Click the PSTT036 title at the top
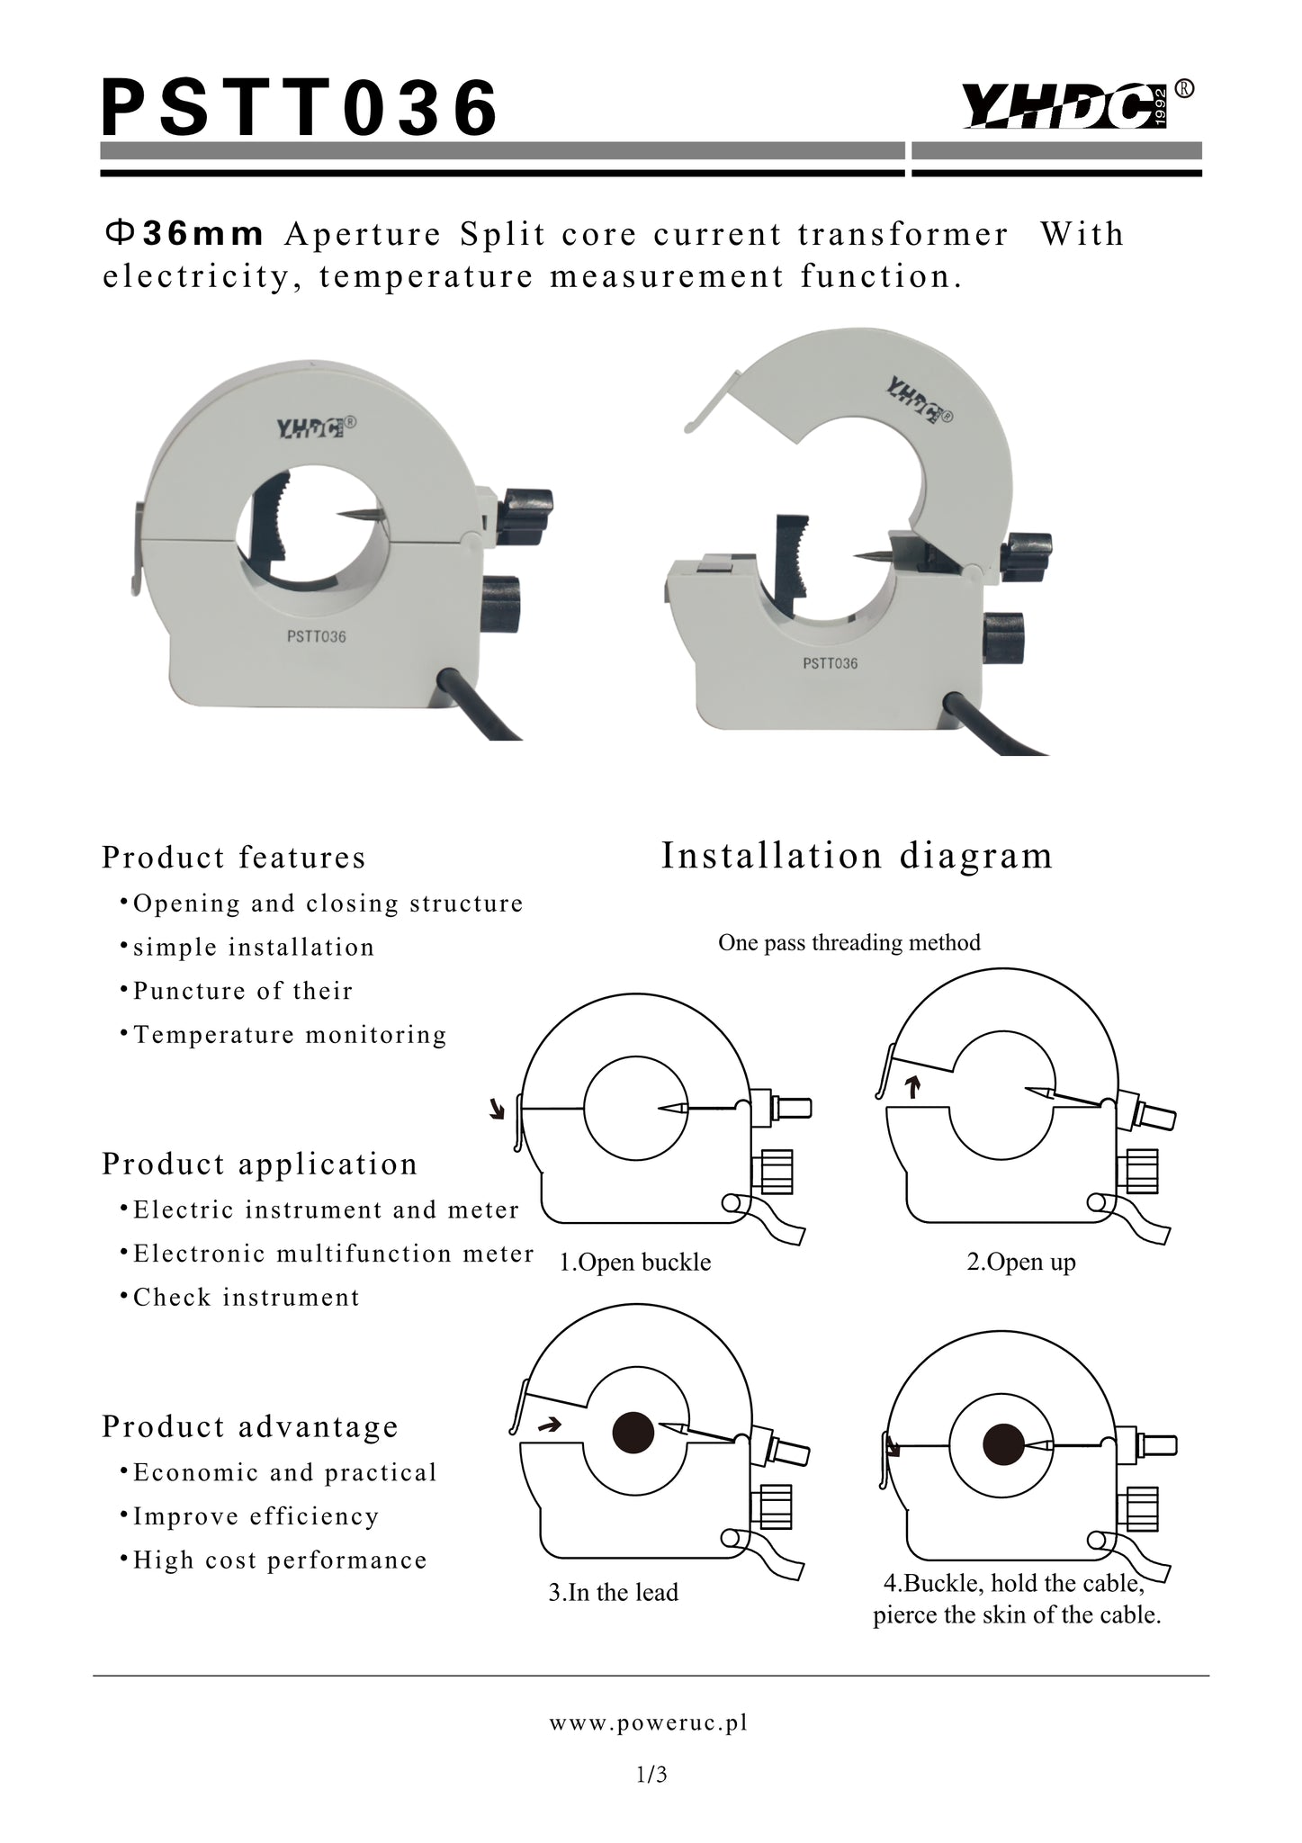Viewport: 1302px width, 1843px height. point(300,107)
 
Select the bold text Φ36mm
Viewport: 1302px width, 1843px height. point(184,234)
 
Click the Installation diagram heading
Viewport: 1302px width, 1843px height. point(857,855)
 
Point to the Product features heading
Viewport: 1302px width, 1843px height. point(234,858)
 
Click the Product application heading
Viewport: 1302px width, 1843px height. point(259,1164)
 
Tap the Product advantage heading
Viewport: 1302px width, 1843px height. point(249,1426)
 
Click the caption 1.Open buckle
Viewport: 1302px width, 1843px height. point(635,1263)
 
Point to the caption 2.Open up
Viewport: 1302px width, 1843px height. point(1021,1263)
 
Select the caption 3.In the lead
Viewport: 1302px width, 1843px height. point(614,1592)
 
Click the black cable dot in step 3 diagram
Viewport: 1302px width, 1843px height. point(633,1433)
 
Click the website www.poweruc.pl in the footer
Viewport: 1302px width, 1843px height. point(649,1722)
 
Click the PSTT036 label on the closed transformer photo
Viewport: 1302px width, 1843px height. point(316,636)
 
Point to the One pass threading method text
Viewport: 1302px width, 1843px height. point(849,942)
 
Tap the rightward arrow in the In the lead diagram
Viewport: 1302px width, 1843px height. point(549,1425)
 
